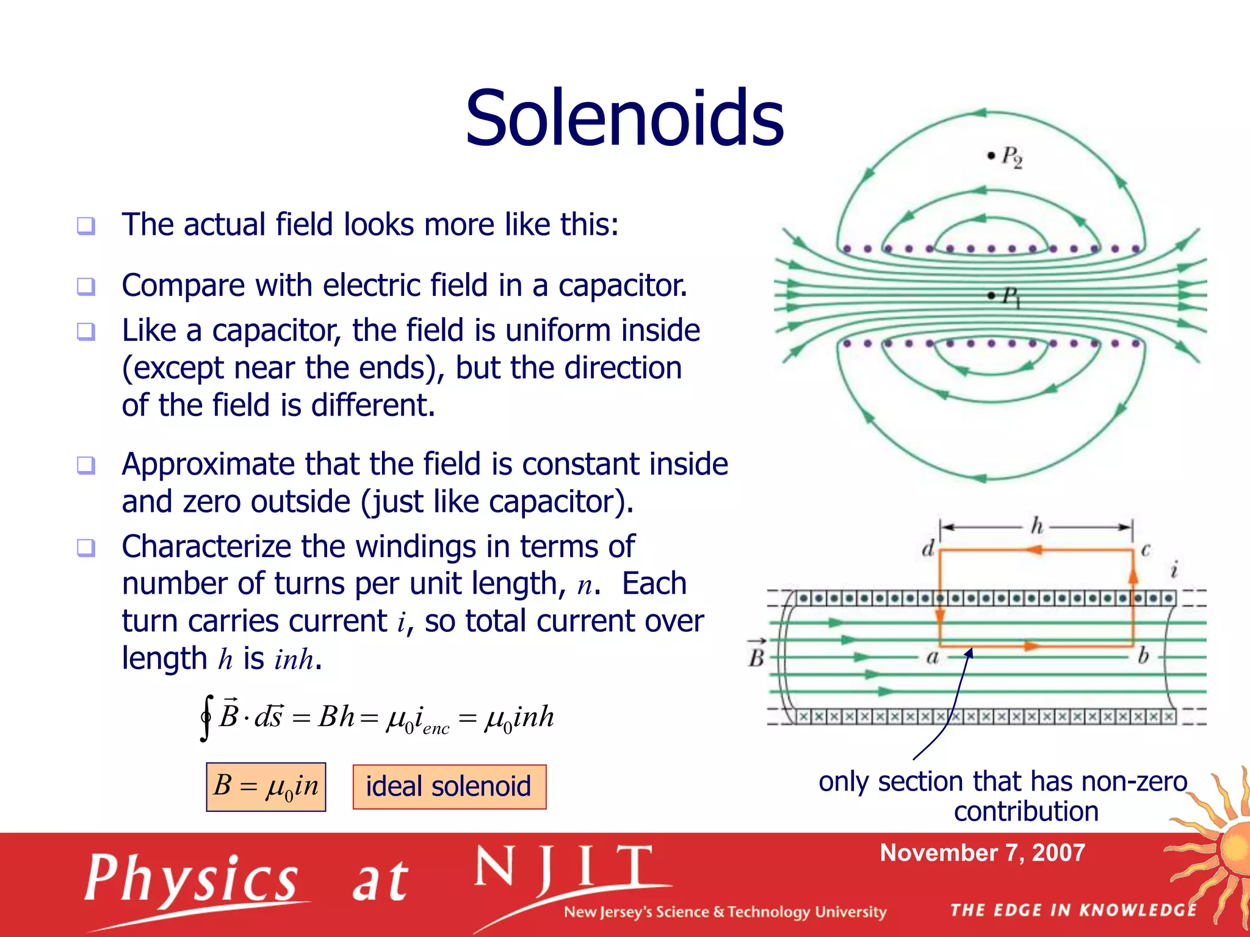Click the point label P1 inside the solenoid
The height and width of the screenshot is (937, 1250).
pyautogui.click(x=1011, y=297)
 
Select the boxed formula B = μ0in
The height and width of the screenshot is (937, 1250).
pyautogui.click(x=266, y=786)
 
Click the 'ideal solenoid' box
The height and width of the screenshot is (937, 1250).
pyautogui.click(x=449, y=786)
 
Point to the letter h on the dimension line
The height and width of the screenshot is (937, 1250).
pyautogui.click(x=1036, y=525)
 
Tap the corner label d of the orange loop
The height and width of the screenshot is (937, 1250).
pyautogui.click(x=928, y=548)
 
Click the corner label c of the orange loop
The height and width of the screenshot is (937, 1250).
pyautogui.click(x=1146, y=550)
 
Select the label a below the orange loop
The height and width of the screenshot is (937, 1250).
pyautogui.click(x=932, y=657)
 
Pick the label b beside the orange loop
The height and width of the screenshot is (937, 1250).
pyautogui.click(x=1143, y=656)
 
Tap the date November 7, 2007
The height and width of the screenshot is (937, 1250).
pyautogui.click(x=982, y=852)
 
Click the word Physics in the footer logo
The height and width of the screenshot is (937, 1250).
pyautogui.click(x=191, y=879)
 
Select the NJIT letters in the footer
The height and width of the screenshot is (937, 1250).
pyautogui.click(x=564, y=869)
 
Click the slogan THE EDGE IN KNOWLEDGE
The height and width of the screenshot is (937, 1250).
pyautogui.click(x=1074, y=910)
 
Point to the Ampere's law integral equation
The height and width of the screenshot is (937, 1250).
pyautogui.click(x=377, y=717)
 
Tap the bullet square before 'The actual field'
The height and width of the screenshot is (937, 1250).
pyautogui.click(x=86, y=226)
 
